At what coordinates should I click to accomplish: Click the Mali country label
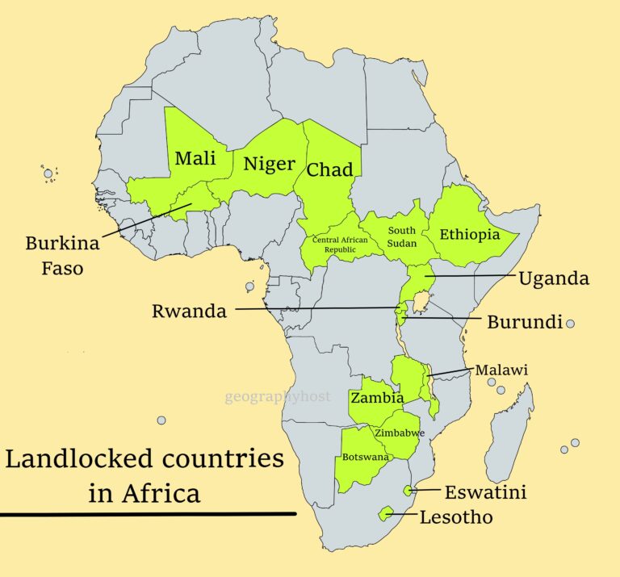pos(195,158)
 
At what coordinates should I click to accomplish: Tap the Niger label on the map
pos(270,164)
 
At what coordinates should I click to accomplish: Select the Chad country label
pos(329,169)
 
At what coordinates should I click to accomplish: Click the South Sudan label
pos(401,236)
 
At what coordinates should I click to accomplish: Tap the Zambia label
pos(377,398)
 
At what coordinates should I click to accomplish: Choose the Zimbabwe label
pos(399,433)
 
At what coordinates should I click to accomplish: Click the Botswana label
pos(366,457)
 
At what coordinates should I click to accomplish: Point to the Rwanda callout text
pos(189,311)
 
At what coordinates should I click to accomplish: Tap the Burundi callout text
pos(524,322)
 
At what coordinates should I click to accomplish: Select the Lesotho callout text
pos(456,517)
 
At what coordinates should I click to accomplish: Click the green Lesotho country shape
pos(387,512)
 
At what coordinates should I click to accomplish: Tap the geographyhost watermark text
pos(278,396)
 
